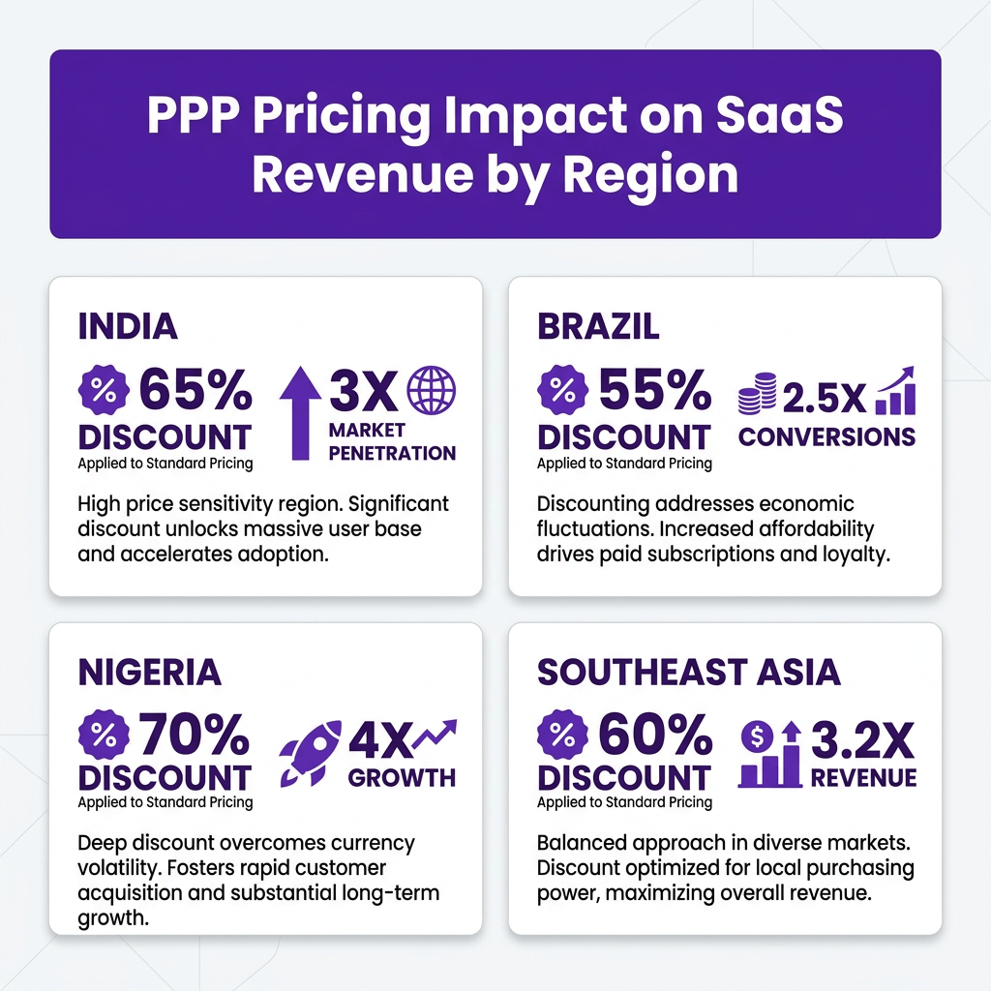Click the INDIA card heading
click(128, 326)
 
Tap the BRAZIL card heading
click(598, 326)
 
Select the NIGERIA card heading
click(150, 672)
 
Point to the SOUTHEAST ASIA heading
click(689, 672)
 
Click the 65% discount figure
click(195, 390)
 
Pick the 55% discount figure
click(655, 390)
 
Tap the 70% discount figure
click(195, 734)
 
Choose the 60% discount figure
click(655, 734)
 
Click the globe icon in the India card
click(431, 390)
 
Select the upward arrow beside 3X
click(301, 412)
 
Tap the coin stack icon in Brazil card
click(757, 393)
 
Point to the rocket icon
click(310, 753)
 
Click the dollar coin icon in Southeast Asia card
click(757, 736)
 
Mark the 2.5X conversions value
click(825, 398)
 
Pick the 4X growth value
click(379, 740)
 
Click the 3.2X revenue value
click(862, 740)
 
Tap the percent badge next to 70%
click(104, 735)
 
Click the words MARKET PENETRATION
click(392, 441)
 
